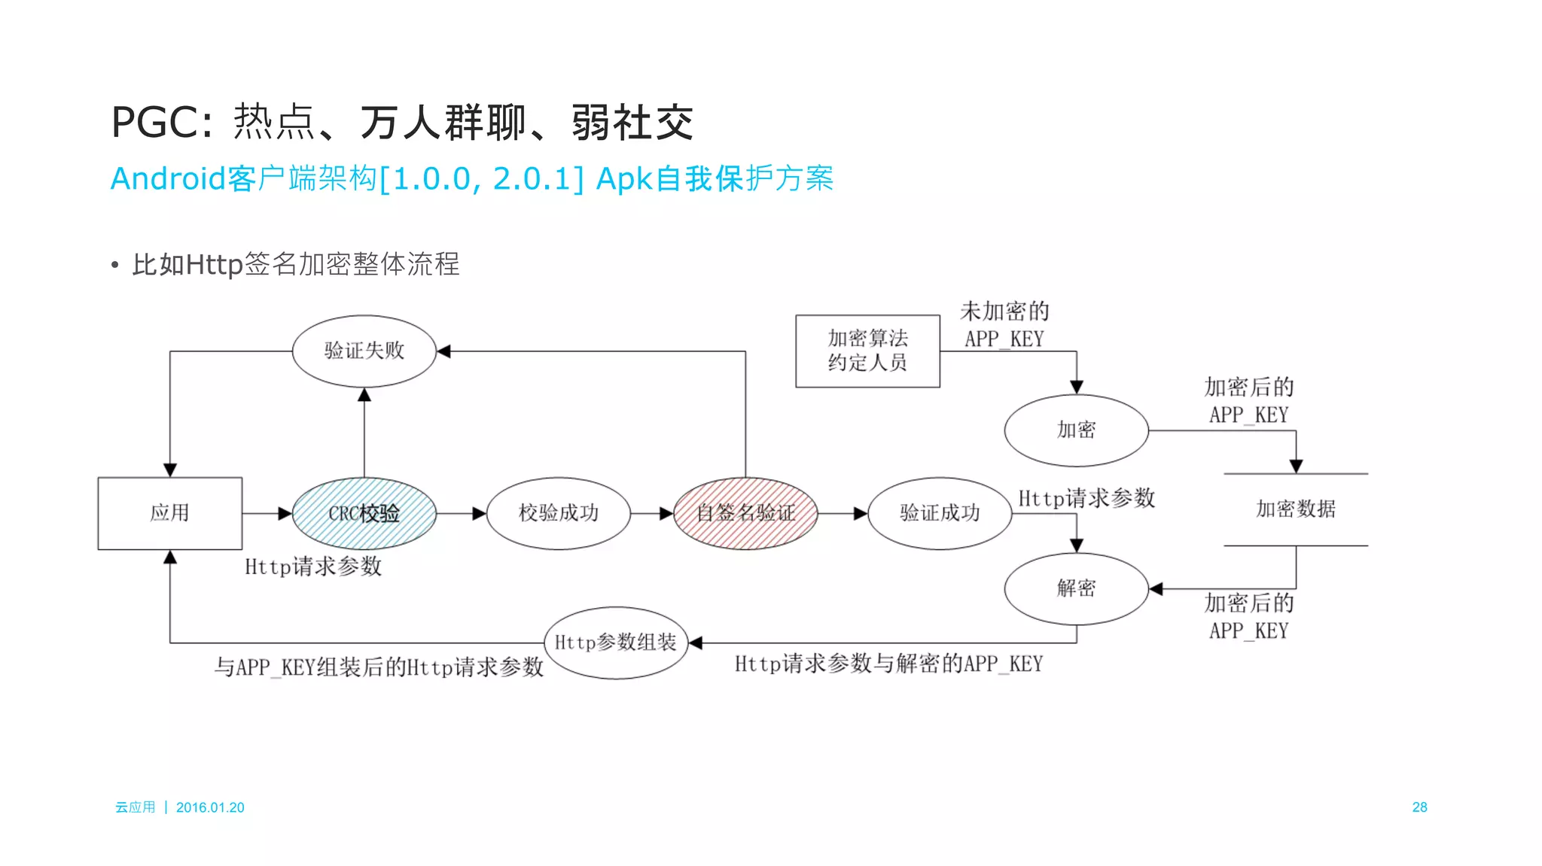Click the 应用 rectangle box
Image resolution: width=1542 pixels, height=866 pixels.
point(169,513)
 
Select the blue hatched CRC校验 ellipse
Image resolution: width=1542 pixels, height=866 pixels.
point(364,513)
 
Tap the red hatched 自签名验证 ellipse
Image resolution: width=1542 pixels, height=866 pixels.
point(745,513)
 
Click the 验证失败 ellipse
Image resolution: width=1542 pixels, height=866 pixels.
point(364,351)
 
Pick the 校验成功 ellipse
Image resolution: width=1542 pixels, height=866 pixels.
point(558,513)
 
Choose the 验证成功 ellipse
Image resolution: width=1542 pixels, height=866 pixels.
point(939,513)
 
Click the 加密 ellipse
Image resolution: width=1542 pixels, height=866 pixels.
point(1076,430)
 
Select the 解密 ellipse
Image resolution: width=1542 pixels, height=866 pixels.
point(1076,588)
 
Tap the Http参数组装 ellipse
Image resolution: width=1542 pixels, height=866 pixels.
point(616,643)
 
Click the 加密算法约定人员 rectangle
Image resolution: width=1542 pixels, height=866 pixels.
point(867,351)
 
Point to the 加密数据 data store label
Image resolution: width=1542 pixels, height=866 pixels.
point(1295,509)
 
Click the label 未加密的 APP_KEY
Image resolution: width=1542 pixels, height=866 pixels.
point(1004,325)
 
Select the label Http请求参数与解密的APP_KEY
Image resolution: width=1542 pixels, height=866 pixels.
point(888,664)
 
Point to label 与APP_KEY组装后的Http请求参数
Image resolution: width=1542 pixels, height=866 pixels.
point(379,667)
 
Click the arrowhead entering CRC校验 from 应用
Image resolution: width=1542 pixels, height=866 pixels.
point(285,513)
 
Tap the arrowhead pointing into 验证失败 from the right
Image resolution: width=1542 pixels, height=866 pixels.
point(444,351)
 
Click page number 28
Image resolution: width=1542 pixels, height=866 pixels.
point(1419,807)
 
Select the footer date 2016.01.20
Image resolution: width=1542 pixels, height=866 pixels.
point(210,807)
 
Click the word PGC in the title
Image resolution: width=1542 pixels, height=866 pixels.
point(156,123)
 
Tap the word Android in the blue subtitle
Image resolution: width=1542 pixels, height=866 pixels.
point(167,179)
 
